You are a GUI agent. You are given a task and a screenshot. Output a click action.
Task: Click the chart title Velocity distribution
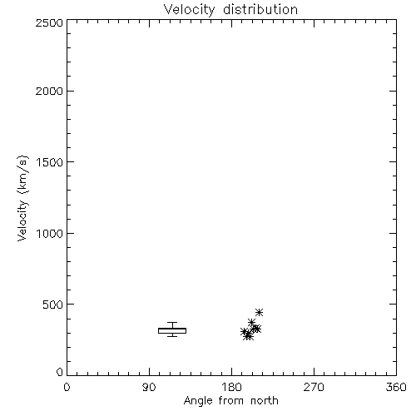230,9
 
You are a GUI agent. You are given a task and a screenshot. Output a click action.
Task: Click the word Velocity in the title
189,10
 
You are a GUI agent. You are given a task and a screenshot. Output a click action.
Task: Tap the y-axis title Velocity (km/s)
22,198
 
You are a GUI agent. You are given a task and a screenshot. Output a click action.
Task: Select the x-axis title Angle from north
231,400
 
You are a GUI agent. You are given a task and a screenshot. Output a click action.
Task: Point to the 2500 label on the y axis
49,22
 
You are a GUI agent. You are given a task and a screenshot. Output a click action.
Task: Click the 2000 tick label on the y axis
49,91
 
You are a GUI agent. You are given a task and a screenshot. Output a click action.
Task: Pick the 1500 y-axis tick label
50,162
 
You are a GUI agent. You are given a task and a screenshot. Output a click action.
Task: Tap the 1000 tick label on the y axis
50,234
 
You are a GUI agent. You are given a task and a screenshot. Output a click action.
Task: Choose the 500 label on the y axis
53,305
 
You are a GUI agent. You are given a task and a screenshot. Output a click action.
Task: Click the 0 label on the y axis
60,372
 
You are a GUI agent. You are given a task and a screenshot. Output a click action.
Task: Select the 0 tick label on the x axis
67,387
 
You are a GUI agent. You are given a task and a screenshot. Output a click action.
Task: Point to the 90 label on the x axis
149,387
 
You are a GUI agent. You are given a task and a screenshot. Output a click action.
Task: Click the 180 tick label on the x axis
231,387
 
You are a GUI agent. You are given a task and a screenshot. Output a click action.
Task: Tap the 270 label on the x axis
314,387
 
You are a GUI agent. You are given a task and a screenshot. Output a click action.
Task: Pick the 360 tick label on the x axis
396,387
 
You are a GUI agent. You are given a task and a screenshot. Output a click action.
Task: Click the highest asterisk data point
259,313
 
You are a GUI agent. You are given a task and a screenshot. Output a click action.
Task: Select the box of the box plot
172,330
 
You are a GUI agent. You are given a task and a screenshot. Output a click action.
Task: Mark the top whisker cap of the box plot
172,323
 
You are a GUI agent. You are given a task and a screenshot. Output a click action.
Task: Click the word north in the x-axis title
265,400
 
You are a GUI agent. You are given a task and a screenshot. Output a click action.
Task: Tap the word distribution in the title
260,9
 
